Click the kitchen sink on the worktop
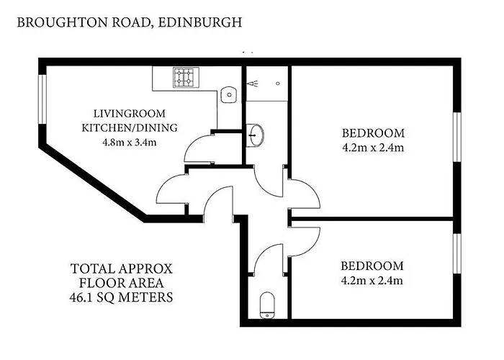click(x=228, y=94)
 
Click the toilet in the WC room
click(x=267, y=305)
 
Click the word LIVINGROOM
click(x=130, y=114)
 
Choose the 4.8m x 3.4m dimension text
click(x=130, y=142)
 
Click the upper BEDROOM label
click(x=373, y=133)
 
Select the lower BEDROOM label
click(x=373, y=266)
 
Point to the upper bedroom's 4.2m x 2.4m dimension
click(x=373, y=148)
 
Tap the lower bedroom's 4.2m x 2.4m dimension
click(x=373, y=280)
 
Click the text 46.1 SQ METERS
click(x=122, y=297)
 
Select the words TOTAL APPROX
click(x=122, y=269)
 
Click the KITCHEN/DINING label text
click(x=130, y=128)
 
